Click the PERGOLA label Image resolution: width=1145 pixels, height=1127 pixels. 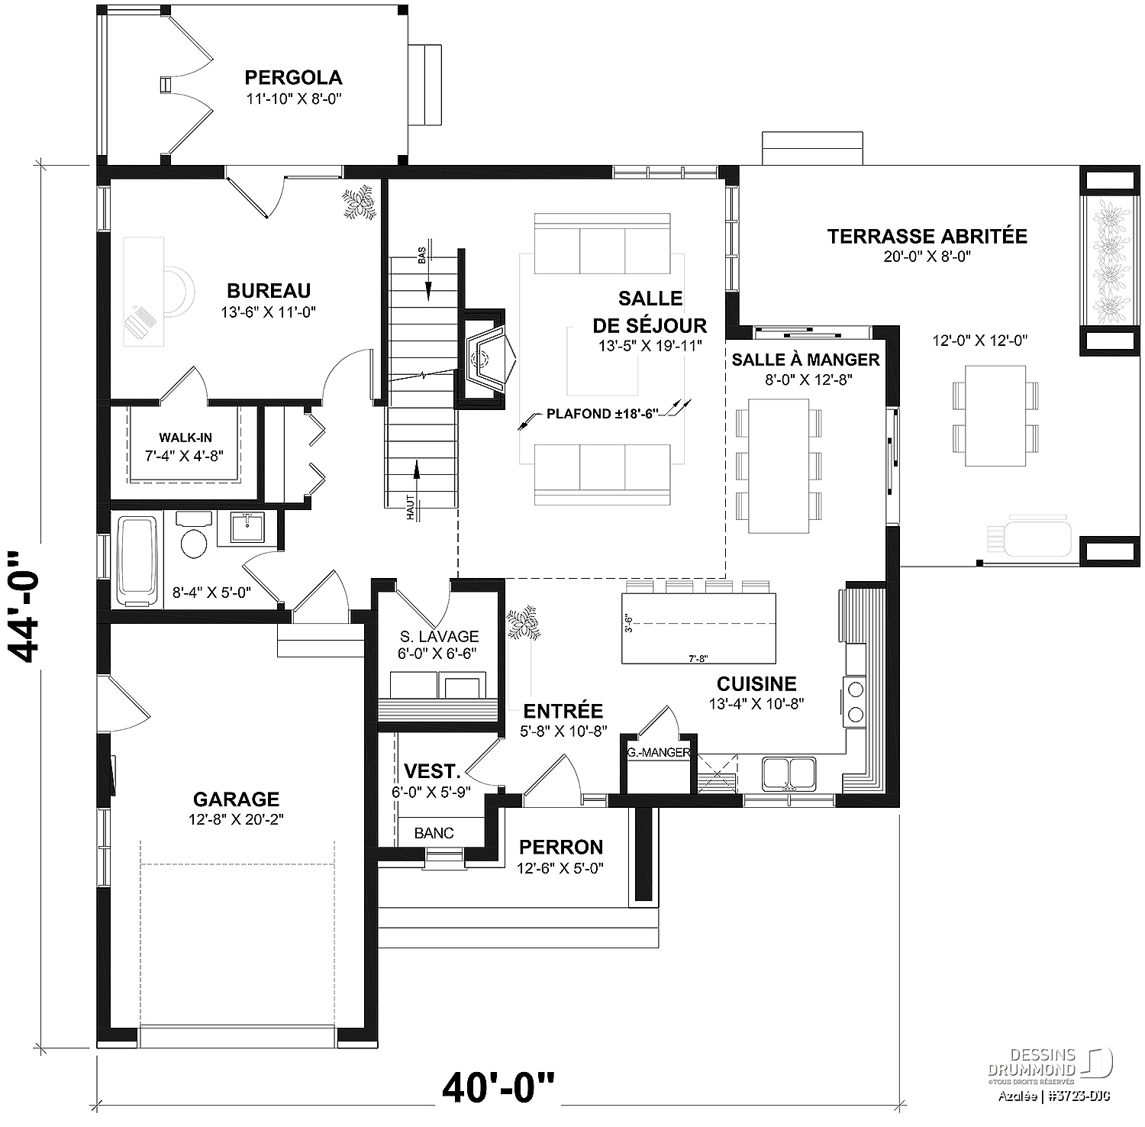pyautogui.click(x=293, y=77)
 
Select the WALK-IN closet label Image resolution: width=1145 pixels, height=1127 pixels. pyautogui.click(x=185, y=438)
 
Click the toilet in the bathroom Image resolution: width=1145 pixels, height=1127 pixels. pyautogui.click(x=194, y=538)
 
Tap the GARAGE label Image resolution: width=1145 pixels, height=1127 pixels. pyautogui.click(x=236, y=799)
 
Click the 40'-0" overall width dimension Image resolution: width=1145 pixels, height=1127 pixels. pyautogui.click(x=499, y=1087)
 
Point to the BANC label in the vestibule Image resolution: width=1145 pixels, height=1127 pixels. pyautogui.click(x=434, y=833)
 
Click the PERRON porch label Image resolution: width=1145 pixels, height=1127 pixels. pyautogui.click(x=561, y=847)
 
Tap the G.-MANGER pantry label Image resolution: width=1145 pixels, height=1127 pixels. pyautogui.click(x=658, y=752)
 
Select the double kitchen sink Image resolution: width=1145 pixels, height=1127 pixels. pyautogui.click(x=789, y=773)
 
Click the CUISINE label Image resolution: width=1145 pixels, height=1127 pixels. pyautogui.click(x=756, y=683)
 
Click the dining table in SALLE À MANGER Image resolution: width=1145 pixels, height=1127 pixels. pyautogui.click(x=779, y=466)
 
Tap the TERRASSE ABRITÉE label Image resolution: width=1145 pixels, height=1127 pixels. pyautogui.click(x=927, y=236)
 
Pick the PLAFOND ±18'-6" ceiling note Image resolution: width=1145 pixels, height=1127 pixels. pyautogui.click(x=602, y=415)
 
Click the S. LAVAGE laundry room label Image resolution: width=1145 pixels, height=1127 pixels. pyautogui.click(x=439, y=636)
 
